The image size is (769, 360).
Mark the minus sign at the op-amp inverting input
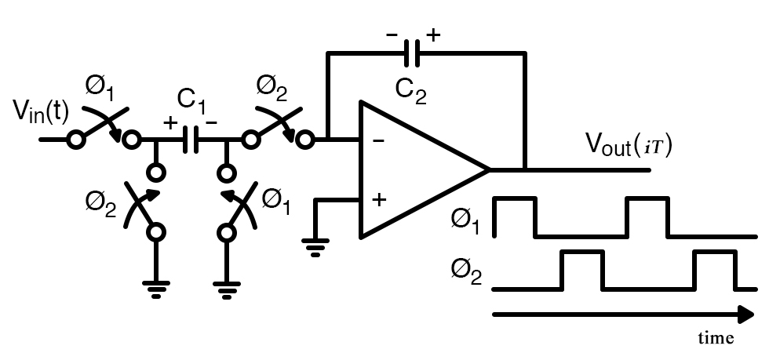click(x=378, y=142)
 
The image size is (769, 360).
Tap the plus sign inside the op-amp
click(x=379, y=199)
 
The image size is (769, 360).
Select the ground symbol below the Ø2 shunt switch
click(x=158, y=289)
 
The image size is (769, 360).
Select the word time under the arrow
click(x=716, y=338)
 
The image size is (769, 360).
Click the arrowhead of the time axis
click(x=745, y=315)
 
